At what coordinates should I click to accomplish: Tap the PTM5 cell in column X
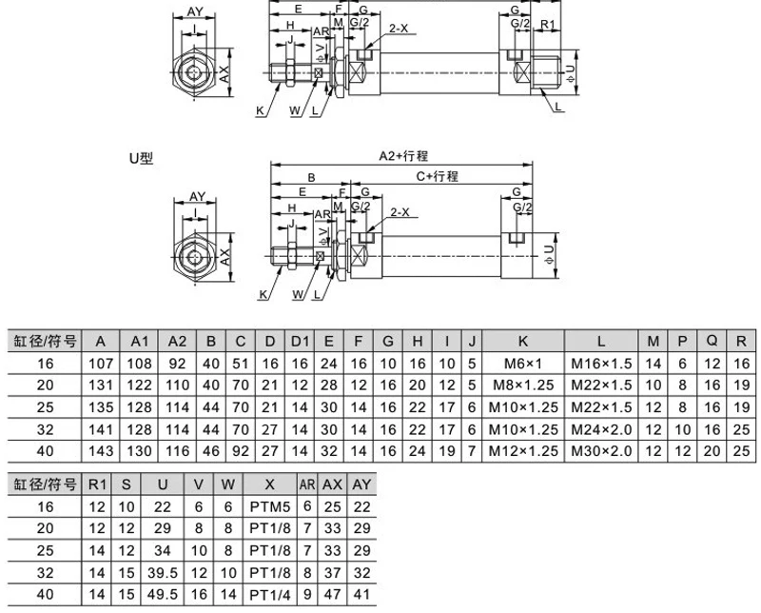point(268,504)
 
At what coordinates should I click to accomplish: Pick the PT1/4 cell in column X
point(268,595)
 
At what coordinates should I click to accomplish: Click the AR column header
point(307,483)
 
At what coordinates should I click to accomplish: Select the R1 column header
point(97,483)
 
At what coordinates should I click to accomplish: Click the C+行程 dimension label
point(437,176)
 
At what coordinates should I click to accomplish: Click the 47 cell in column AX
point(333,595)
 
